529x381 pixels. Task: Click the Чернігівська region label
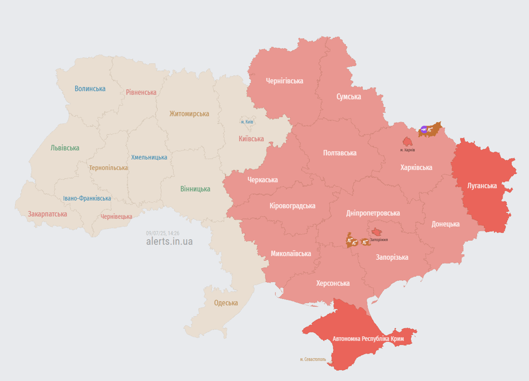click(x=284, y=81)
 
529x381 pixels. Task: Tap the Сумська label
click(x=348, y=97)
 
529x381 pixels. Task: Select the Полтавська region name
click(x=339, y=153)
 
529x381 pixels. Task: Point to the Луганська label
click(x=482, y=186)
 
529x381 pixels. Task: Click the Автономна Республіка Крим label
click(x=368, y=339)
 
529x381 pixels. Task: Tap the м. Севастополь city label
click(x=313, y=359)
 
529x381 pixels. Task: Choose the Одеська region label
click(x=226, y=303)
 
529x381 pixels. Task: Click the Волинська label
click(x=90, y=89)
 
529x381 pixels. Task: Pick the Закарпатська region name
click(x=47, y=214)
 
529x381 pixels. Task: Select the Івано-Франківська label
click(x=87, y=198)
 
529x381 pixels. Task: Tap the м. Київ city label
click(x=247, y=122)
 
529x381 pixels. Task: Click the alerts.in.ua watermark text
click(x=169, y=242)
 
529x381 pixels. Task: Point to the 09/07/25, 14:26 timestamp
click(x=162, y=233)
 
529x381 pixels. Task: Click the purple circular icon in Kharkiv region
click(x=424, y=130)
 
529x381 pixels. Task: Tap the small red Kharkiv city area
click(x=407, y=142)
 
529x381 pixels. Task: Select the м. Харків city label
click(x=407, y=150)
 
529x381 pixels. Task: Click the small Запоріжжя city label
click(x=379, y=240)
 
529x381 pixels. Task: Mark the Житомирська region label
click(x=189, y=114)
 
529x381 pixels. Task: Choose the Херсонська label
click(x=333, y=283)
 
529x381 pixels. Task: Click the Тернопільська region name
click(x=108, y=168)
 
